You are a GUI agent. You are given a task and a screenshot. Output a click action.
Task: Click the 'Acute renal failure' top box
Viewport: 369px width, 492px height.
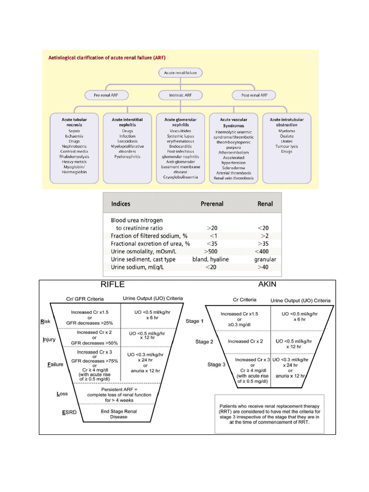pos(181,73)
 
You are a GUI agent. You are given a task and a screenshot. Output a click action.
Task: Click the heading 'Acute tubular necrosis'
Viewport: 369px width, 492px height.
pos(74,122)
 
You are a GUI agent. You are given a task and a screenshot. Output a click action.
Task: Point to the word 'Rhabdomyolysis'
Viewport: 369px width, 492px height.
pos(74,156)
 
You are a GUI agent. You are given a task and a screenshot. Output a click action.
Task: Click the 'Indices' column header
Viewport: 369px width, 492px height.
pos(121,204)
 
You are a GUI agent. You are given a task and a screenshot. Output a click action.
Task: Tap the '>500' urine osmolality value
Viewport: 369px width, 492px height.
pos(214,251)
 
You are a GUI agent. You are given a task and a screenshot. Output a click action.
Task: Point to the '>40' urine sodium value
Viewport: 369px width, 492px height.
pos(266,268)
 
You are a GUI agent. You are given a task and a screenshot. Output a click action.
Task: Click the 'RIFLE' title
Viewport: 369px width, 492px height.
pos(112,284)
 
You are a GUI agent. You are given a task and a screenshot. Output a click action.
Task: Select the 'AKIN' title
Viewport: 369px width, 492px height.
pos(267,284)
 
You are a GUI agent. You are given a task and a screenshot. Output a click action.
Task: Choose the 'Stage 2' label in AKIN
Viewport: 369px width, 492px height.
pos(205,342)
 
